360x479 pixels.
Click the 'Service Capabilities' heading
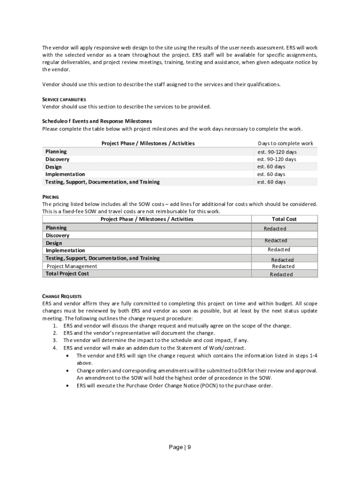(x=64, y=99)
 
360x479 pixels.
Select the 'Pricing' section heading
(x=50, y=197)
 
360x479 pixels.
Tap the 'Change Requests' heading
(x=62, y=296)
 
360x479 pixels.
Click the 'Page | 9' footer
(x=180, y=447)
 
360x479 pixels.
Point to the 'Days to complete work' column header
(x=285, y=144)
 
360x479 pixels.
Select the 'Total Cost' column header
(x=284, y=219)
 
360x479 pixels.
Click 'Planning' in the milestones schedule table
(x=56, y=152)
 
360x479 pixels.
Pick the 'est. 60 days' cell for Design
(x=271, y=167)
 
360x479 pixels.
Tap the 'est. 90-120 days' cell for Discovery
(x=277, y=159)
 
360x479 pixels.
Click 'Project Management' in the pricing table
(x=72, y=266)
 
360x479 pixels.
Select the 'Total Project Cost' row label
(x=67, y=274)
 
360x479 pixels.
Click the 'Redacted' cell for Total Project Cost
(x=281, y=275)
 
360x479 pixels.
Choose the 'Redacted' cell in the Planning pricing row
(x=275, y=229)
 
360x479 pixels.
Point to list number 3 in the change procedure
(x=55, y=341)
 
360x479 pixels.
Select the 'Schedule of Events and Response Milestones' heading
(x=97, y=121)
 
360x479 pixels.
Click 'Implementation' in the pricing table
(x=65, y=251)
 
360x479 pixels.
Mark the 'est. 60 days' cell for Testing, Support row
(x=271, y=182)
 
